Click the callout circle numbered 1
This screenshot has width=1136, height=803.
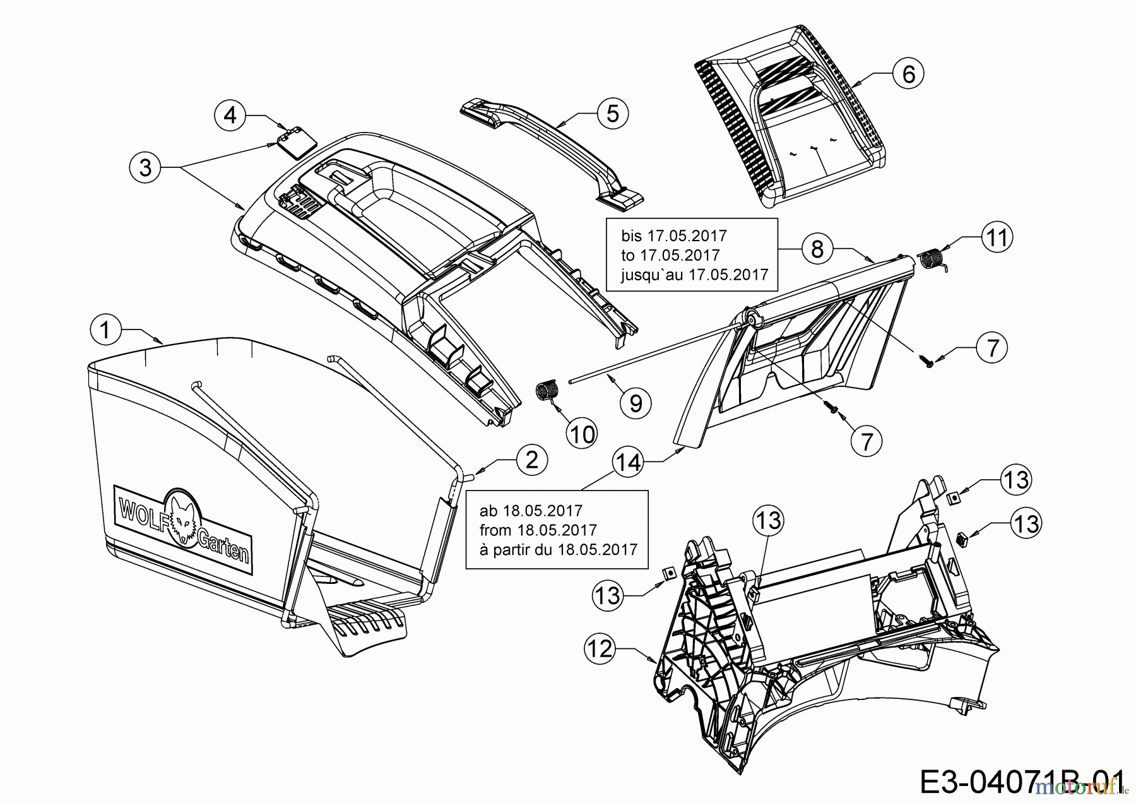(105, 330)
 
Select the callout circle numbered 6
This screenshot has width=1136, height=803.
(908, 74)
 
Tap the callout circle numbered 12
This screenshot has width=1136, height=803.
(600, 648)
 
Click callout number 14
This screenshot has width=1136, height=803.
(629, 462)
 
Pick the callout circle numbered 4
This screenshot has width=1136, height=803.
(230, 116)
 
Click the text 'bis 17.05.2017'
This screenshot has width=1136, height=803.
(674, 236)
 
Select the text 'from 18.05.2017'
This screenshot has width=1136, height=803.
(538, 530)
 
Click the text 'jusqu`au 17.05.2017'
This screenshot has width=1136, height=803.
(694, 275)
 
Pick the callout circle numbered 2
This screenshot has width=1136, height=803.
(531, 459)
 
